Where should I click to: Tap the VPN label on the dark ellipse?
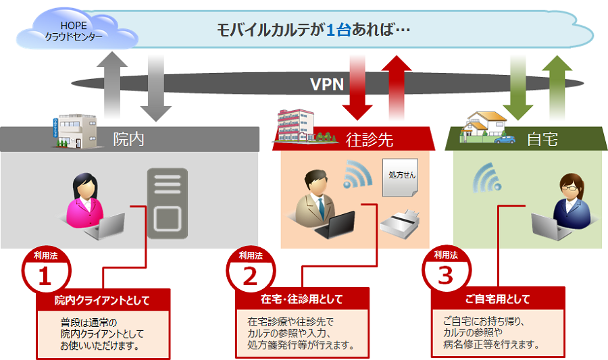327,84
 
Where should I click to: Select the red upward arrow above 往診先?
397,84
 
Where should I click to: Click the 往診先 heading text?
369,140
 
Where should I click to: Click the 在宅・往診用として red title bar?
301,299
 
